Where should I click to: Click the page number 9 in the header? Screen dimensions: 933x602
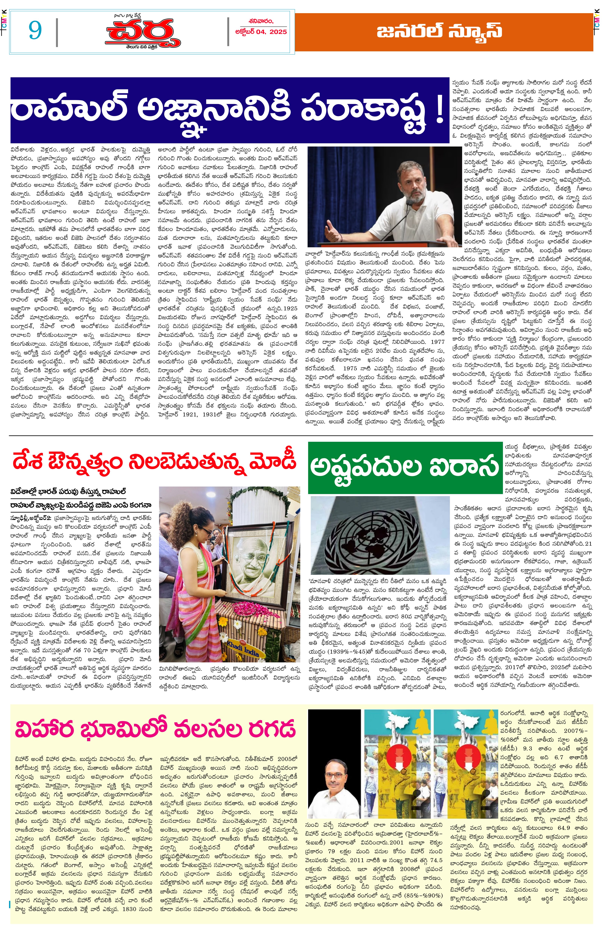click(35, 30)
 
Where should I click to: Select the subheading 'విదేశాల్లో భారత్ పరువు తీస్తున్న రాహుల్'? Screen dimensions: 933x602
click(68, 492)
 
